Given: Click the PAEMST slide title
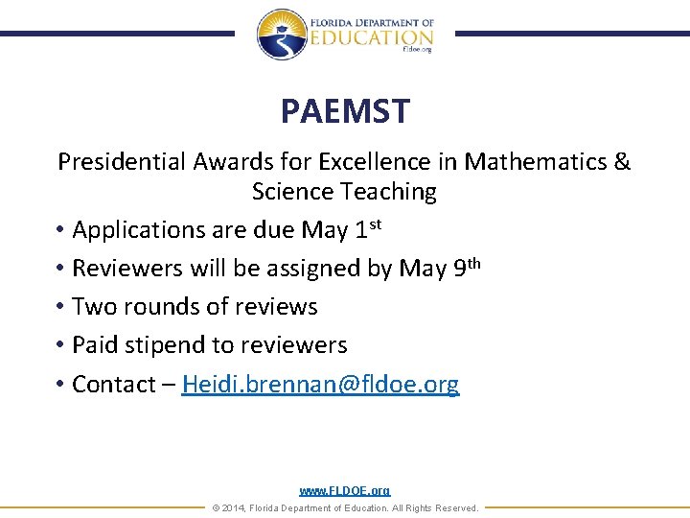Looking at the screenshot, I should click(x=345, y=111).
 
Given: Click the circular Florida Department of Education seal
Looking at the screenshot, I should click(x=281, y=34).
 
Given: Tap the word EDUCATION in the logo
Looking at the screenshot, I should click(x=371, y=36).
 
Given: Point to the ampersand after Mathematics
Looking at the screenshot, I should click(x=622, y=161).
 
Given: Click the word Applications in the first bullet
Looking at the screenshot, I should click(x=137, y=230).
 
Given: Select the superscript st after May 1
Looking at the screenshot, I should click(x=377, y=224).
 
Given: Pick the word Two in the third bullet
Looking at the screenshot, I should click(x=93, y=307).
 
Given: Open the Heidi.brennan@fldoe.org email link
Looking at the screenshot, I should click(x=320, y=385).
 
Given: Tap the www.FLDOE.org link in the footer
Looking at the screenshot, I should click(x=345, y=490).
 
